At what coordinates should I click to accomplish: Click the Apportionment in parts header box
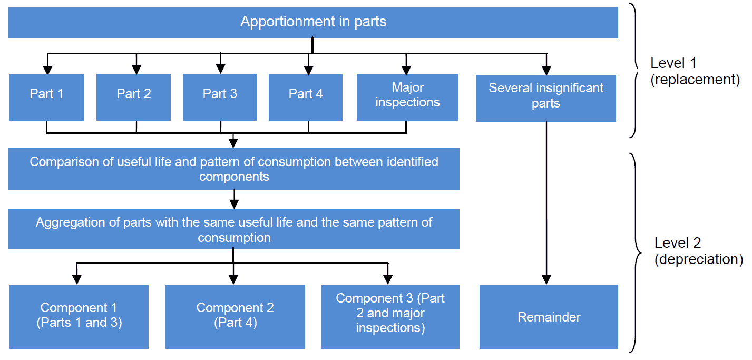tap(313, 22)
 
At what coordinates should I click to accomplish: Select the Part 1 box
tap(46, 97)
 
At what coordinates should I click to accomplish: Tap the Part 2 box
tap(133, 97)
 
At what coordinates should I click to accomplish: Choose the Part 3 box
tap(220, 97)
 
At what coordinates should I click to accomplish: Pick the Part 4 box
tap(306, 97)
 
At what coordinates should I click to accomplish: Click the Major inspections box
tap(407, 97)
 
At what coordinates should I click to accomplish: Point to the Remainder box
tap(549, 317)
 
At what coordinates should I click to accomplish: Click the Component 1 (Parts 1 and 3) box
tap(79, 317)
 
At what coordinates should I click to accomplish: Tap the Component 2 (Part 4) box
tap(235, 317)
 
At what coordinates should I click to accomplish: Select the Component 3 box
tap(390, 317)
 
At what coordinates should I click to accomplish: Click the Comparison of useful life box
tap(233, 169)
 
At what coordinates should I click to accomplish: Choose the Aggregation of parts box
tap(233, 229)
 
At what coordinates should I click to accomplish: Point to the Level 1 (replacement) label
tap(688, 71)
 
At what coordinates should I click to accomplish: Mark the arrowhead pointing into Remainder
tap(546, 279)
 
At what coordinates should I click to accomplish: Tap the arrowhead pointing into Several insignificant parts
tap(546, 70)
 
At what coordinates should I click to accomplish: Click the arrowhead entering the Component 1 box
tap(77, 279)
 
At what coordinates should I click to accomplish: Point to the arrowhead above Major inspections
tap(406, 70)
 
